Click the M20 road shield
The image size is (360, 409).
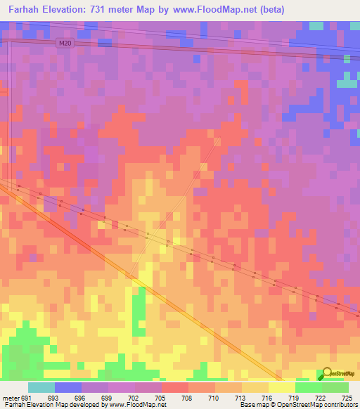pyautogui.click(x=65, y=43)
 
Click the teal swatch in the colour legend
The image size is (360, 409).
pyautogui.click(x=41, y=387)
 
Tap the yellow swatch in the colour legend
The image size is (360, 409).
pyautogui.click(x=282, y=387)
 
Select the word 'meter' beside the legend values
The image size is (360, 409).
pyautogui.click(x=10, y=398)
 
